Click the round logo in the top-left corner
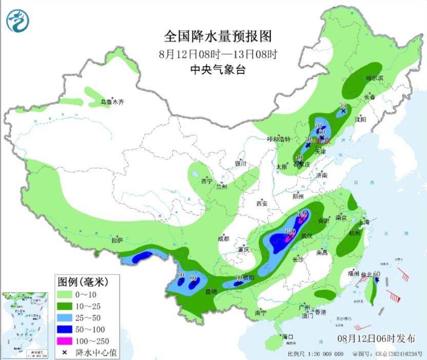click(x=18, y=21)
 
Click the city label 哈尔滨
click(x=374, y=78)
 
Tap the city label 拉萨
click(x=118, y=240)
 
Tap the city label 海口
click(x=287, y=336)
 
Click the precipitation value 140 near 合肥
click(x=302, y=213)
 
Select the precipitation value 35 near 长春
click(x=343, y=106)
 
